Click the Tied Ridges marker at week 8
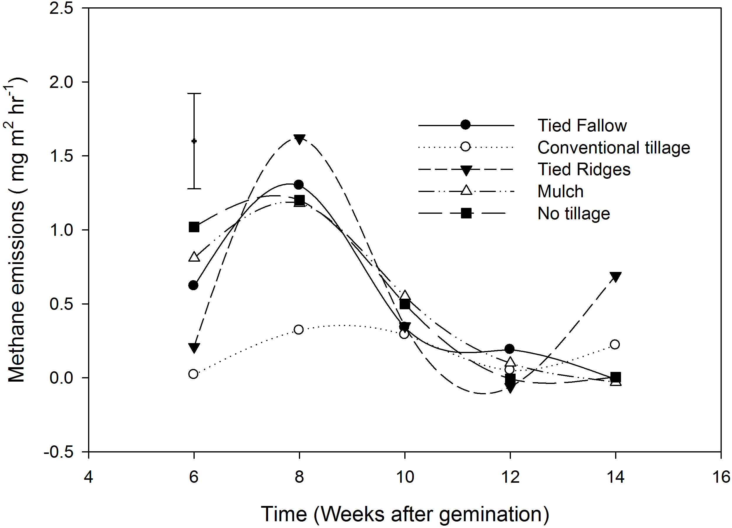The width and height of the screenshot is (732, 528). (x=299, y=139)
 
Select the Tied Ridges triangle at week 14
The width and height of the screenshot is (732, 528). (x=615, y=277)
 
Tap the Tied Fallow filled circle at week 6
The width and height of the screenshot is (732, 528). (x=193, y=285)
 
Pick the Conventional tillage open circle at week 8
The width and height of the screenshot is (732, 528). (x=299, y=330)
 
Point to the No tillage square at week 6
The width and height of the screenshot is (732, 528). (x=194, y=227)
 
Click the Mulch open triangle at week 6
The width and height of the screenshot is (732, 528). (x=194, y=257)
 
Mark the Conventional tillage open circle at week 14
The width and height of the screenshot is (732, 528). (x=615, y=345)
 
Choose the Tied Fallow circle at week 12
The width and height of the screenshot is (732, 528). (x=510, y=349)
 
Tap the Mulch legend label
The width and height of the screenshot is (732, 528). (x=560, y=191)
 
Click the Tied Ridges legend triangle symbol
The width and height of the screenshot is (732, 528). (x=466, y=170)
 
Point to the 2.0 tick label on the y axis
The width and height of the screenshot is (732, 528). (x=61, y=82)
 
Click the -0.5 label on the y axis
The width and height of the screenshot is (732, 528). (x=58, y=452)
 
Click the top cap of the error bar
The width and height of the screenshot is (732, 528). (x=194, y=93)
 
